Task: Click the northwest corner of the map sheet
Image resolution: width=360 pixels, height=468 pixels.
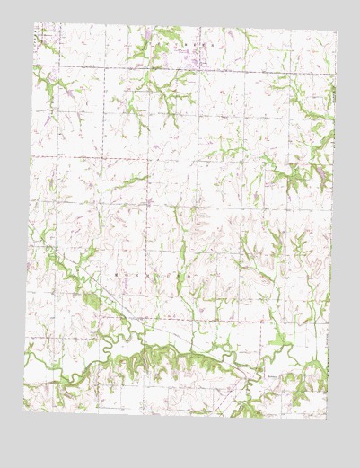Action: tap(34, 23)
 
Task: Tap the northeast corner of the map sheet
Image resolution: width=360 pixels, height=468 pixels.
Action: tap(338, 32)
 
